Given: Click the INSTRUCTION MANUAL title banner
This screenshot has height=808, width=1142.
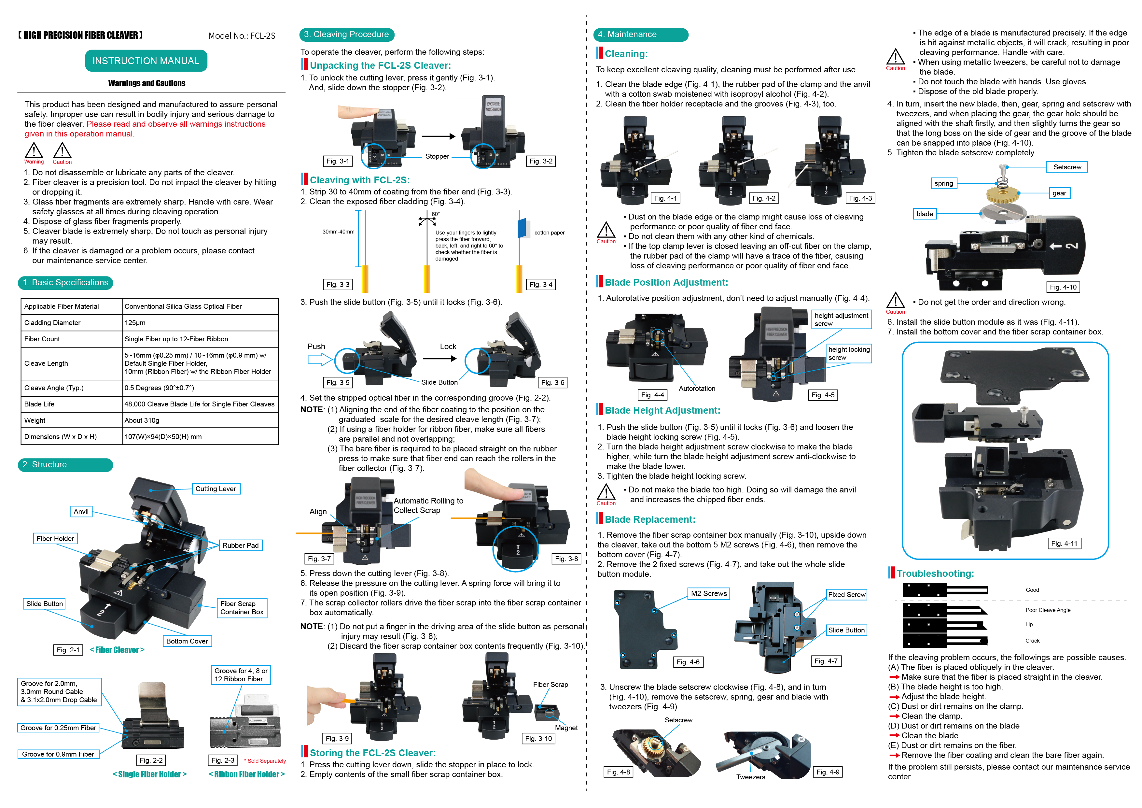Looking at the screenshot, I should pos(146,61).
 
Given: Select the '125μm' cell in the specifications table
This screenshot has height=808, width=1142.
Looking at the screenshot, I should pos(135,323).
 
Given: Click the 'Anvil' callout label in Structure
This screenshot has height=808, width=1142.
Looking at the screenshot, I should pos(81,511).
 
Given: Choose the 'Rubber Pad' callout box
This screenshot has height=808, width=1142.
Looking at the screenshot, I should pos(240,545).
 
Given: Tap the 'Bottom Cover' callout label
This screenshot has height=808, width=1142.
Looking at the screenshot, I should pos(187,641).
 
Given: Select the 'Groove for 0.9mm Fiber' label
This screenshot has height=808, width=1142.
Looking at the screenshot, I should pos(58,754).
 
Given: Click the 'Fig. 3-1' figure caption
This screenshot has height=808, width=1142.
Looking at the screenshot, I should pos(338,161).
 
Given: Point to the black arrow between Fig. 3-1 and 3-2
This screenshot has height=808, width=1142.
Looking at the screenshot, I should pos(438,136).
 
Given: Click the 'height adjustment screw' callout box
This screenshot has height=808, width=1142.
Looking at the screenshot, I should pos(841,319).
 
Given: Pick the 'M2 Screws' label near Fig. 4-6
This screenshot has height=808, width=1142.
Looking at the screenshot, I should pos(709,594).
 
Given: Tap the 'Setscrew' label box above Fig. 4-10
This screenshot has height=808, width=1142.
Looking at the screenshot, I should pos(1067,167).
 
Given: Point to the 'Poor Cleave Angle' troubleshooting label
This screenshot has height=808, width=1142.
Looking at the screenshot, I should pos(1048,610).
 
